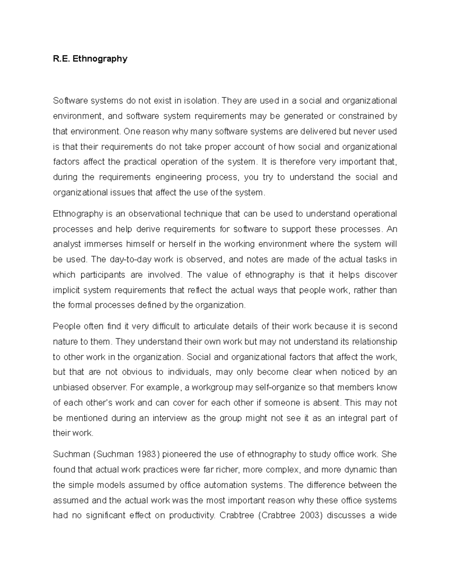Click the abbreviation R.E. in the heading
(x=61, y=59)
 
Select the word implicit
(x=65, y=290)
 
